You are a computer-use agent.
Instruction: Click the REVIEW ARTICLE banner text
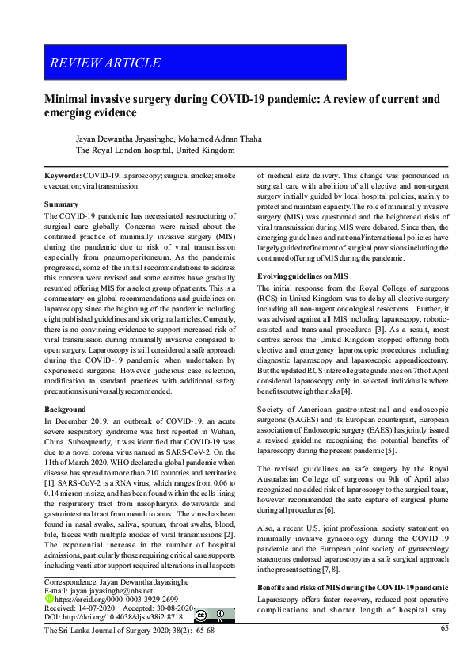(x=104, y=63)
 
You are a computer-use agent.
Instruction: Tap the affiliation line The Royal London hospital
(x=154, y=149)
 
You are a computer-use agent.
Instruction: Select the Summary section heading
(x=60, y=204)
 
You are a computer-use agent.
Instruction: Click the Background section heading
(x=66, y=409)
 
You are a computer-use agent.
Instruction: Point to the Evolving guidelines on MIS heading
(x=302, y=276)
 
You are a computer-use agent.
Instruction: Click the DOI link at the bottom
(x=115, y=616)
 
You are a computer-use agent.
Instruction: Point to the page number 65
(x=444, y=629)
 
